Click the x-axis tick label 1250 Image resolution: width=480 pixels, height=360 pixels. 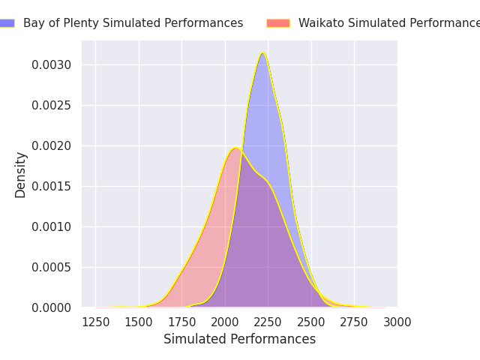(95, 322)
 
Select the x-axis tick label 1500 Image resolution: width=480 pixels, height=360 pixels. (139, 322)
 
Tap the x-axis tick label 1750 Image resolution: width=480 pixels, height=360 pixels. (181, 322)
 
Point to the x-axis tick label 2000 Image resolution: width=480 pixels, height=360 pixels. (225, 322)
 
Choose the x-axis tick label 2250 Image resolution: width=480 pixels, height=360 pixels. (268, 322)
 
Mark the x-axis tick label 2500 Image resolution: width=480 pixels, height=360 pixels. (311, 322)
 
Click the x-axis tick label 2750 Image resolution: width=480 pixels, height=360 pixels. (354, 322)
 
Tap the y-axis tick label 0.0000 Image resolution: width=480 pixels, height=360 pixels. (52, 307)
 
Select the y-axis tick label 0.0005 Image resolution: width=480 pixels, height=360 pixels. (52, 267)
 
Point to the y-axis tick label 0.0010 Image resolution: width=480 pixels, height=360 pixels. (52, 226)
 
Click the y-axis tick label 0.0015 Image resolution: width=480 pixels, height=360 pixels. (52, 186)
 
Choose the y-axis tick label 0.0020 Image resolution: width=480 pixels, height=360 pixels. (52, 145)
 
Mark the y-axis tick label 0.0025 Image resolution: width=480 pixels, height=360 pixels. (52, 105)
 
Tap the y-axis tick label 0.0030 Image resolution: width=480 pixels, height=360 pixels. (52, 64)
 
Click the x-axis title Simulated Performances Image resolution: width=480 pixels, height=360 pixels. (239, 340)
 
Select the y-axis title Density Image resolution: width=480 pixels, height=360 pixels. (21, 174)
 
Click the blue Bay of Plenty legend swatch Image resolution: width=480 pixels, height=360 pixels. (7, 23)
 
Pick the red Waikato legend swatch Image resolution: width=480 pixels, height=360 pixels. (278, 23)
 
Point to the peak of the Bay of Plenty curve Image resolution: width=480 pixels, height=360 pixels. (262, 52)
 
